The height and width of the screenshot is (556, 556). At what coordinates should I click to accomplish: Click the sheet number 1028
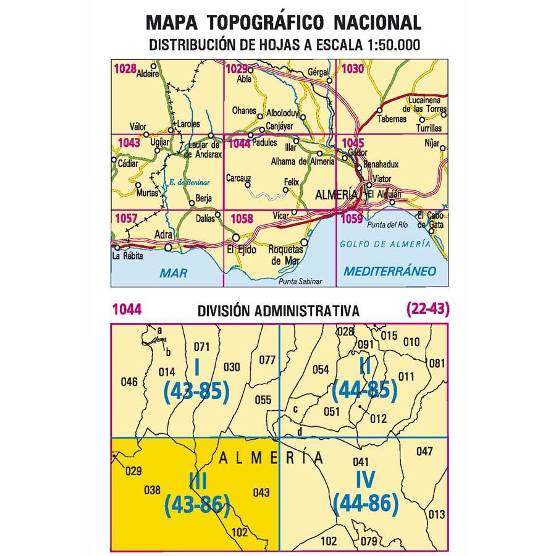tap(125, 69)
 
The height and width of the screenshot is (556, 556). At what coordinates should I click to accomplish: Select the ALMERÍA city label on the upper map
tap(336, 194)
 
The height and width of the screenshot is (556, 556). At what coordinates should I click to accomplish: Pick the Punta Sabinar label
tap(301, 282)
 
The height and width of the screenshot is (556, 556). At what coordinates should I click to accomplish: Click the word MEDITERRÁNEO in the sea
tap(389, 271)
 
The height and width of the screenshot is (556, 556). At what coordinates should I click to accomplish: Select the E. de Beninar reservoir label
tap(190, 182)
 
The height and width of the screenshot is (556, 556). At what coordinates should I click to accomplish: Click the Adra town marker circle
tap(169, 248)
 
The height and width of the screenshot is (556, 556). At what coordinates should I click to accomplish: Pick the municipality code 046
tap(129, 382)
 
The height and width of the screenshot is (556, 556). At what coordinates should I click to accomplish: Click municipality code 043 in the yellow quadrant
tap(261, 492)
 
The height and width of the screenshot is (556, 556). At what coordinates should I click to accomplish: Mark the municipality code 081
tap(436, 363)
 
